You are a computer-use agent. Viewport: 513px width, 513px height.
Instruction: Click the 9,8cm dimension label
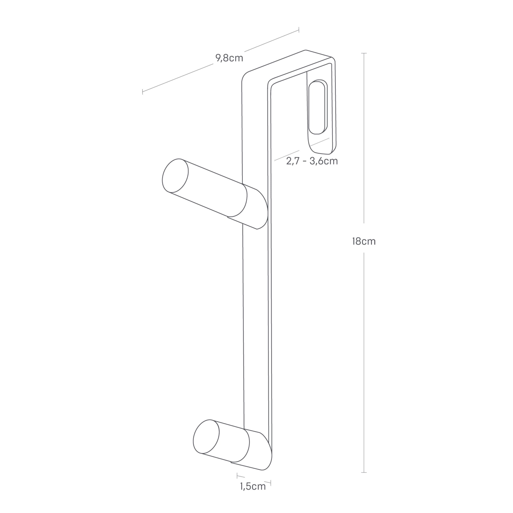click(229, 58)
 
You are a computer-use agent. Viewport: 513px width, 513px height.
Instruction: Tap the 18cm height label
click(364, 241)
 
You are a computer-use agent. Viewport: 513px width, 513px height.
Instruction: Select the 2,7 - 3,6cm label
click(312, 161)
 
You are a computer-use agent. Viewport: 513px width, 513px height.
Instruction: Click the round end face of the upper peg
click(175, 176)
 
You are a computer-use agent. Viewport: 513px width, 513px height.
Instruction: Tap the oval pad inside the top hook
click(317, 107)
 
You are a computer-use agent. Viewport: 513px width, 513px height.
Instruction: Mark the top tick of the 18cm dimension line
click(364, 53)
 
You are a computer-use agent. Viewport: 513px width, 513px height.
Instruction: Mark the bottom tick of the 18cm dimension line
click(364, 472)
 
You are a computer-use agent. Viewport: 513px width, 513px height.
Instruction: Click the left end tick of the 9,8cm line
click(143, 92)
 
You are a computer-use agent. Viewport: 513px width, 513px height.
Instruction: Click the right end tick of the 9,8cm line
click(299, 30)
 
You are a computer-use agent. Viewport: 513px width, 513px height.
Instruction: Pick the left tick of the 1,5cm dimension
click(237, 475)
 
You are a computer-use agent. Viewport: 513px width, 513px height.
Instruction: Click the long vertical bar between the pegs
click(255, 319)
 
